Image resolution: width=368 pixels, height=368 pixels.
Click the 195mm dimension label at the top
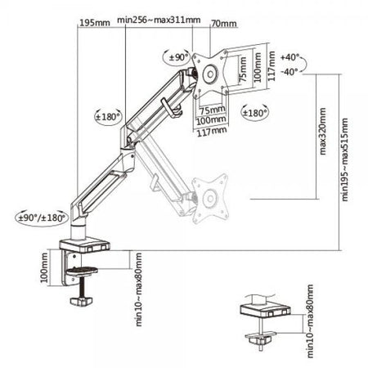(95, 23)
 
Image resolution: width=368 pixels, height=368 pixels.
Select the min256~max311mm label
(159, 20)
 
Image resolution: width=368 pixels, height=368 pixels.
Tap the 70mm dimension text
(224, 24)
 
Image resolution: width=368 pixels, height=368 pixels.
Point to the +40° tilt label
(289, 57)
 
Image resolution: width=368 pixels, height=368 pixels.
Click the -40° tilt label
(289, 72)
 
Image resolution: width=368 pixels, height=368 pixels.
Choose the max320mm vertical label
(322, 132)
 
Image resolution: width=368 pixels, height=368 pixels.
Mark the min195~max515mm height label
(345, 159)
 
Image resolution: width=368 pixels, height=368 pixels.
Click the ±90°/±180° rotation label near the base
(42, 218)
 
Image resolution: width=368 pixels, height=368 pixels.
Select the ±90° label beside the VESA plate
(179, 57)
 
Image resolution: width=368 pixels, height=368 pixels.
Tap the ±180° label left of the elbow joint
(108, 117)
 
